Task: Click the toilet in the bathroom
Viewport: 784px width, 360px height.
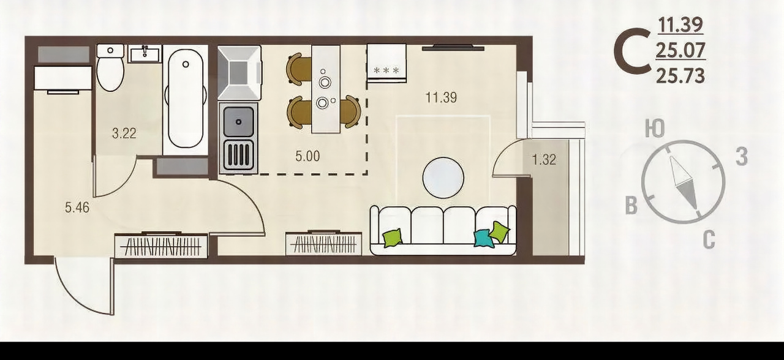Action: (110, 67)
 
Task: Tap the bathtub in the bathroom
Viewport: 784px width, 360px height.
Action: (186, 99)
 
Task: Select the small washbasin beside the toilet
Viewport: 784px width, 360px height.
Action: (145, 54)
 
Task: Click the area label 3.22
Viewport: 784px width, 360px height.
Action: (124, 133)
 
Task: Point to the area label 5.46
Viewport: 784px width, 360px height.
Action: (77, 208)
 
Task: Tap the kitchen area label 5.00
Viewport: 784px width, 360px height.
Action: (307, 156)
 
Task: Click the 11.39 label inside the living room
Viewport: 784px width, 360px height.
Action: (441, 97)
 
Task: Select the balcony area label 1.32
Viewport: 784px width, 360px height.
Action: (544, 160)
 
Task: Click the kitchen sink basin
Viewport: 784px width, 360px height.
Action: (239, 122)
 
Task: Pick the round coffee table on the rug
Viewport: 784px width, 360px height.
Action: (443, 178)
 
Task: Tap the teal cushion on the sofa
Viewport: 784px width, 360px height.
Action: (483, 239)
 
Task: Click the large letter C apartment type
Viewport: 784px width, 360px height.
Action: (632, 57)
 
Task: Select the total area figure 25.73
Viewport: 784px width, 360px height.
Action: (680, 76)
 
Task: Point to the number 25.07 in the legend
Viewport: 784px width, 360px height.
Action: (680, 50)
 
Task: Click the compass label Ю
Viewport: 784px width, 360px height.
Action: (655, 129)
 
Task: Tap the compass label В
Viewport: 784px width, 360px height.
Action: (631, 206)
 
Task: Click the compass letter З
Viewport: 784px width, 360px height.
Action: (742, 156)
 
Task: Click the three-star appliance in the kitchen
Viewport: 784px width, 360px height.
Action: (386, 63)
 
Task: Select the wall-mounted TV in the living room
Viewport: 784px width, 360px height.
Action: (453, 48)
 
